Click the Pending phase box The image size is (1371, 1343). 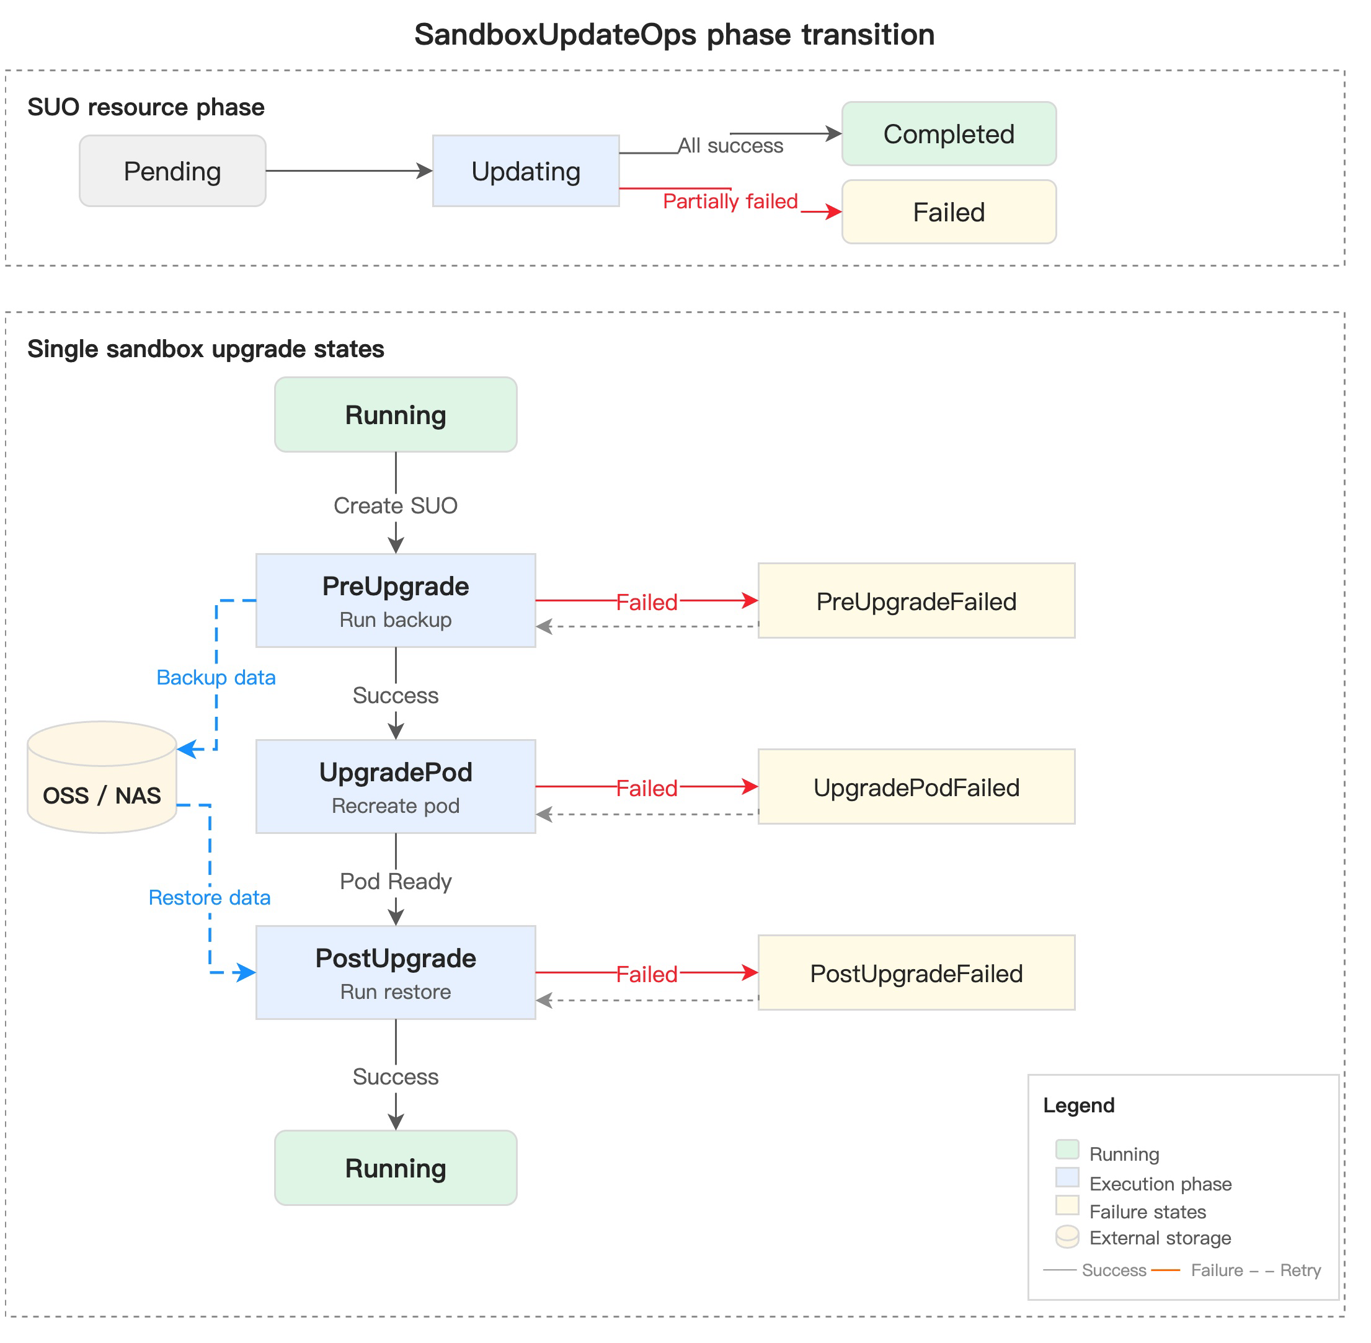click(x=173, y=171)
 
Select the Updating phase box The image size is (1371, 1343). click(x=526, y=171)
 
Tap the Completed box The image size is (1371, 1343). click(x=949, y=134)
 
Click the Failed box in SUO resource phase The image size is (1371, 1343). click(x=949, y=212)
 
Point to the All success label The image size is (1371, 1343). click(x=730, y=146)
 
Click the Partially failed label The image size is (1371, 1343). click(x=730, y=202)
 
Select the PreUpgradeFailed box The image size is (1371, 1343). click(x=917, y=601)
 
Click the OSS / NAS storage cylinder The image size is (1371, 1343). click(x=102, y=778)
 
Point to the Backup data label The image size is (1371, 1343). click(x=216, y=678)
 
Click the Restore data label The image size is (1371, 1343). click(x=210, y=898)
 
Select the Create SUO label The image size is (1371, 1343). click(x=396, y=506)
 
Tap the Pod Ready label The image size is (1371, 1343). click(x=396, y=882)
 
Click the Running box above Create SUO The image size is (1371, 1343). click(x=396, y=415)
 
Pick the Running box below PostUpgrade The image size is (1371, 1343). click(x=396, y=1169)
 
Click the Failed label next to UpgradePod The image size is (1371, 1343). click(x=647, y=789)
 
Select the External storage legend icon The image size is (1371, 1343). click(x=1068, y=1237)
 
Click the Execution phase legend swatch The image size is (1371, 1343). click(x=1068, y=1178)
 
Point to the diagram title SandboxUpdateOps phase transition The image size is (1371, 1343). click(x=675, y=35)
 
